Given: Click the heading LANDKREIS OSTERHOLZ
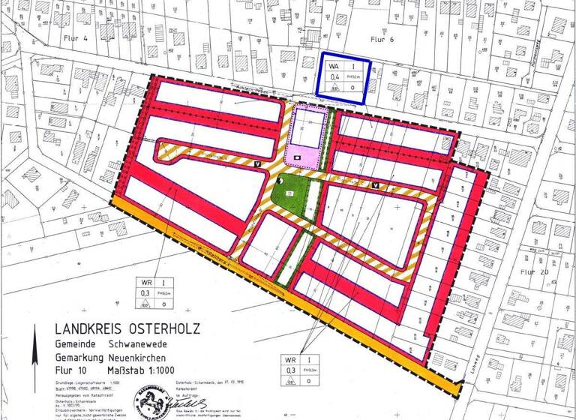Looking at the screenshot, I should tap(127, 328).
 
